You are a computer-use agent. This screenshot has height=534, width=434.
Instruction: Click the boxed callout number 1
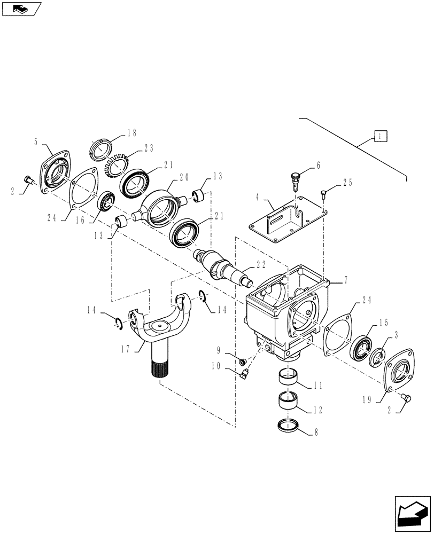click(379, 136)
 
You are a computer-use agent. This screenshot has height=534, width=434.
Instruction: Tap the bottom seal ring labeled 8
click(289, 425)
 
